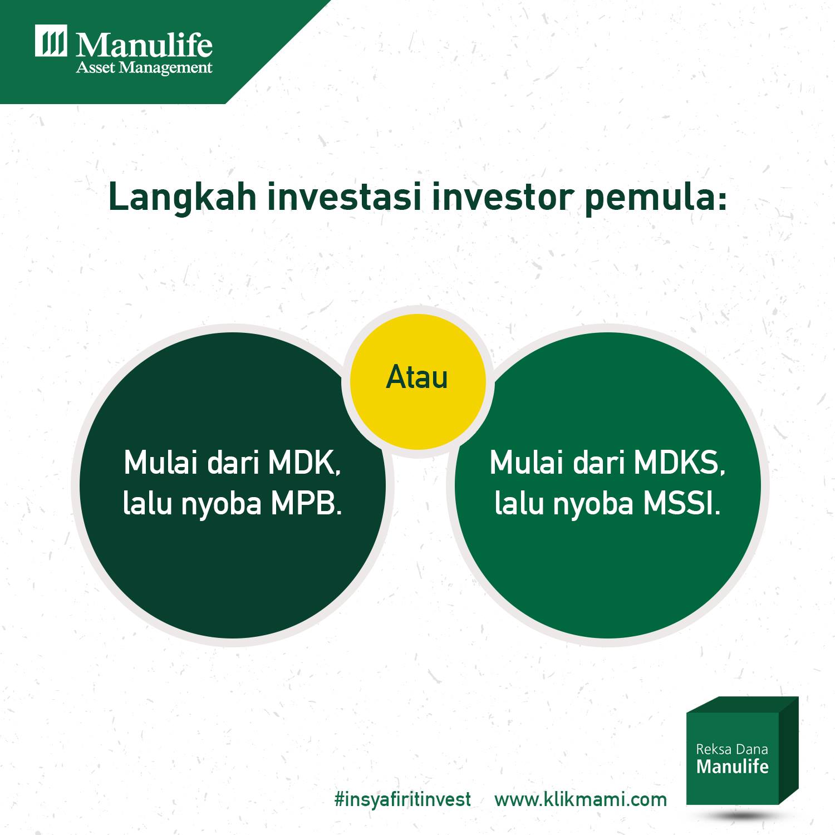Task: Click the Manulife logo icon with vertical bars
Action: click(x=51, y=41)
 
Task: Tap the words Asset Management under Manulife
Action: click(x=144, y=68)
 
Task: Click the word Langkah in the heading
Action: click(x=183, y=198)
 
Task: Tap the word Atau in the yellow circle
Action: click(x=417, y=377)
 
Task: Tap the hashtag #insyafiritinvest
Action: click(x=403, y=799)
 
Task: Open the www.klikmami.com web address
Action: click(x=581, y=800)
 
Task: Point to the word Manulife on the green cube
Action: click(x=732, y=767)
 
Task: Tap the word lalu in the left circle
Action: click(x=147, y=504)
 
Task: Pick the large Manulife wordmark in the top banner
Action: click(x=144, y=45)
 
